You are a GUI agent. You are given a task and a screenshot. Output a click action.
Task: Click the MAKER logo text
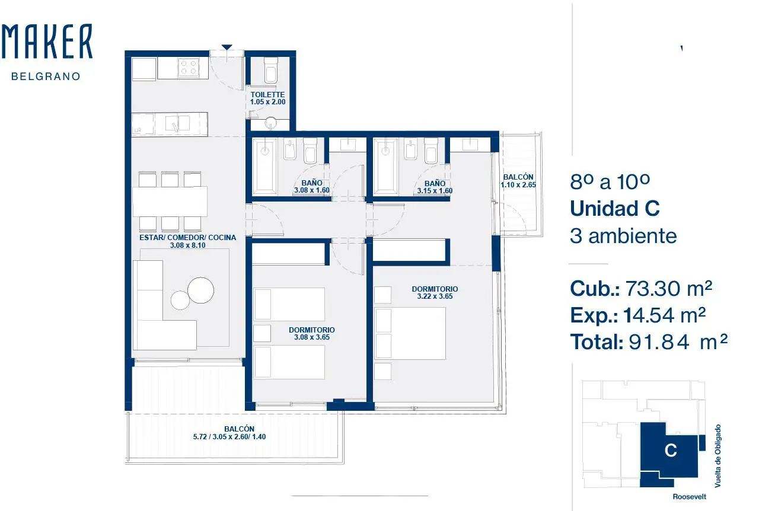point(47,41)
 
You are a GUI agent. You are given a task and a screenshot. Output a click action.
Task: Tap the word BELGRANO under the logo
point(46,76)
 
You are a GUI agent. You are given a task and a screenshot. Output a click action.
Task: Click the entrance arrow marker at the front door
point(227,47)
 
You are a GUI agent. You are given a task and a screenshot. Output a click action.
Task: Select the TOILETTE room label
point(267,94)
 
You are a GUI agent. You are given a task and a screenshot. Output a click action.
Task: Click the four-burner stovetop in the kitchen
point(189,67)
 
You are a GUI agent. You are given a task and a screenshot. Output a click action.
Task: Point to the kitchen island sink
point(177,123)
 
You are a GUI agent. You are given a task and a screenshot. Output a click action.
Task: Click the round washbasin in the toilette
point(271,123)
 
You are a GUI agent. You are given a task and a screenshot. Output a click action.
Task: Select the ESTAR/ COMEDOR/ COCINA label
point(188,238)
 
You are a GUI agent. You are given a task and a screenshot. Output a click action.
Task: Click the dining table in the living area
point(170,202)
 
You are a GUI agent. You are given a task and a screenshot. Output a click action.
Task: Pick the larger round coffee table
point(200,290)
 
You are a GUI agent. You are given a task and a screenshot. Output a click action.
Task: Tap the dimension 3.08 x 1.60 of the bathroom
point(312,190)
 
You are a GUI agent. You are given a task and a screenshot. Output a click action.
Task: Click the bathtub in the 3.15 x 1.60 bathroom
point(385,167)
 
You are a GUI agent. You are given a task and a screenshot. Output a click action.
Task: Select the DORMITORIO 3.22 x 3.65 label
point(435,292)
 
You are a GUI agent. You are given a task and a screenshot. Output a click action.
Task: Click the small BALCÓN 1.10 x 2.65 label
point(518,181)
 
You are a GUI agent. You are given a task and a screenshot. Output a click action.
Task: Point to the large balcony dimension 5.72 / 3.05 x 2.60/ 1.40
point(229,437)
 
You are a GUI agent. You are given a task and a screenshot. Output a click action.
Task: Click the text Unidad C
point(615,208)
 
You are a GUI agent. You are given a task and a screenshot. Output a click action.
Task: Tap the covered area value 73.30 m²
point(668,288)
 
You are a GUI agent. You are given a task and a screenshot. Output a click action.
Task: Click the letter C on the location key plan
point(671,451)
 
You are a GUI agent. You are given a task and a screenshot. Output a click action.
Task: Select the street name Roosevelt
point(690,497)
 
